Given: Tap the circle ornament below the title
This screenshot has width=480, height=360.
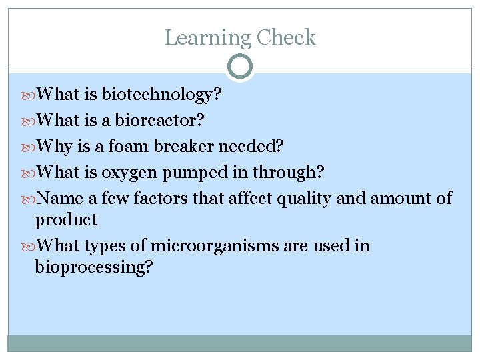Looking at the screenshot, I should pyautogui.click(x=240, y=67).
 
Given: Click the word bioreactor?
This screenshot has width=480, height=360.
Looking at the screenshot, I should pyautogui.click(x=160, y=121).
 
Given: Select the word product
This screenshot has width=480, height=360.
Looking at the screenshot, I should pyautogui.click(x=67, y=220).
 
